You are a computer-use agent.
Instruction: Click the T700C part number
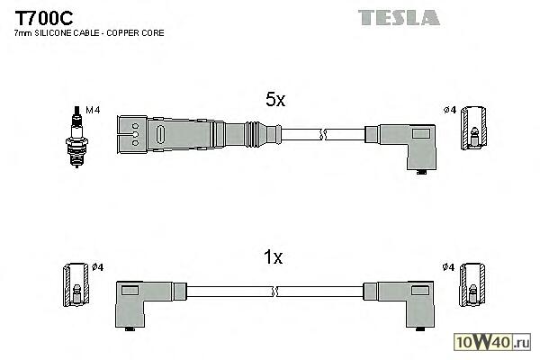(x=43, y=17)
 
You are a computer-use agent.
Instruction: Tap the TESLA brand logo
(x=399, y=16)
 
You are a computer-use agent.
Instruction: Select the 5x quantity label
(x=275, y=101)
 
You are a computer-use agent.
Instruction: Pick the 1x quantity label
(x=274, y=258)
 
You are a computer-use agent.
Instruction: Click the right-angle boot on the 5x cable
(x=409, y=143)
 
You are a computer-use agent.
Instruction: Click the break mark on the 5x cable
(x=323, y=136)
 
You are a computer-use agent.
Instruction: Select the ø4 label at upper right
(x=450, y=110)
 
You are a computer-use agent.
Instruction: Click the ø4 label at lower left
(x=98, y=266)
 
